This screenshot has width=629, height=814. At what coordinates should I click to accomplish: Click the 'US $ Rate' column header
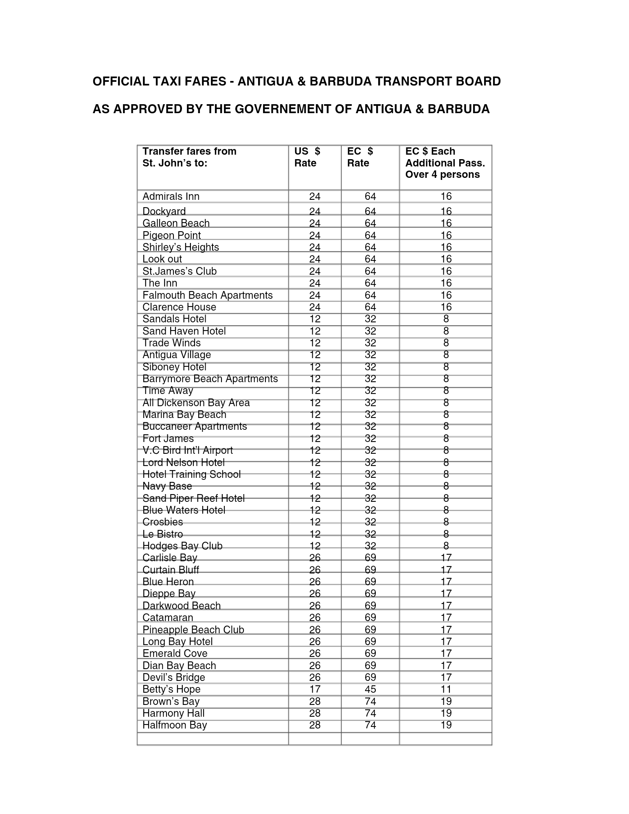pos(307,157)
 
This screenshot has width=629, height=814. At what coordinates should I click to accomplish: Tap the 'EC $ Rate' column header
pos(359,157)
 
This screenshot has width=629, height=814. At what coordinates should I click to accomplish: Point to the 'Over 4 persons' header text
pos(442,175)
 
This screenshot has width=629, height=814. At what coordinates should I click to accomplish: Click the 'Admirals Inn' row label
pos(171,197)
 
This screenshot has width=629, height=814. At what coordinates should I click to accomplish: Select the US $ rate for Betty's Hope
pos(315,689)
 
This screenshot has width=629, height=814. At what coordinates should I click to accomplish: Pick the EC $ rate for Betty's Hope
pos(370,689)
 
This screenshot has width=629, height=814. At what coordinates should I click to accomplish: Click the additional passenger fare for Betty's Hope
pos(446,689)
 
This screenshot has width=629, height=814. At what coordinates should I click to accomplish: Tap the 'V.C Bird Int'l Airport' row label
pos(187,450)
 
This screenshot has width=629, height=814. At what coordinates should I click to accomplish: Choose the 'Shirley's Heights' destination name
pos(180,247)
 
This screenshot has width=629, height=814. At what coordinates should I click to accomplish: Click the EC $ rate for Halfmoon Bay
pos(370,725)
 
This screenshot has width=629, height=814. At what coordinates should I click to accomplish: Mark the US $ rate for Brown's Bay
pos(315,701)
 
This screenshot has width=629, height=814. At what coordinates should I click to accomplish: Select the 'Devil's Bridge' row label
pos(173,677)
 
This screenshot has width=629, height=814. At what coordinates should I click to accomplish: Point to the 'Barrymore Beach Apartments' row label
pos(210,379)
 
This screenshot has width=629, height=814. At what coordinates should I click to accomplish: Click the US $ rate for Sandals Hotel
pos(315,319)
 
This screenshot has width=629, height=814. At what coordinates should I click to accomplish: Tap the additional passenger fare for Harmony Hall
pos(446,713)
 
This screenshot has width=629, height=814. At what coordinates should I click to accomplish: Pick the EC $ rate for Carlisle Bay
pos(370,558)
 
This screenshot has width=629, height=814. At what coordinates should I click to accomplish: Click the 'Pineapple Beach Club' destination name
pos(193,630)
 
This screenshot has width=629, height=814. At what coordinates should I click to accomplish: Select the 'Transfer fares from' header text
pos(189,151)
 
